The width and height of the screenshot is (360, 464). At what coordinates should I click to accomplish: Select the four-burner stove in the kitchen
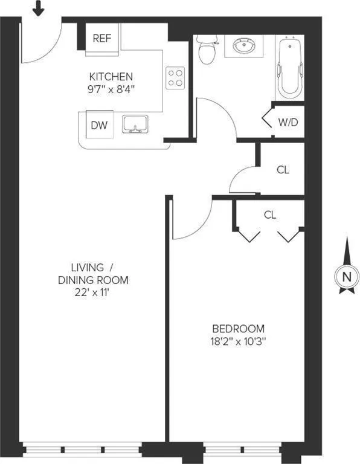(175, 77)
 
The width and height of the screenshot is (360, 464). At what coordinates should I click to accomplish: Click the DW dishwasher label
(99, 125)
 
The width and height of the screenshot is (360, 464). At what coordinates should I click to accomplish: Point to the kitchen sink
(136, 124)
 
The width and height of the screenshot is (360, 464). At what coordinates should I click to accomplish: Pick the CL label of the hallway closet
(283, 170)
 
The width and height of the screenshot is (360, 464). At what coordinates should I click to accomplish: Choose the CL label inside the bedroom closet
(270, 214)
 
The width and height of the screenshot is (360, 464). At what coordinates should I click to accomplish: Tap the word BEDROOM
(238, 329)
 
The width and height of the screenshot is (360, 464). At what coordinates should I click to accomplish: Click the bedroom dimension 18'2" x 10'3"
(239, 341)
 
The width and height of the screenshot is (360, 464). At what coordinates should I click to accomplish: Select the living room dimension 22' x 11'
(93, 292)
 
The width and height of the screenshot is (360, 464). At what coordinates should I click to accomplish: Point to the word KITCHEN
(111, 77)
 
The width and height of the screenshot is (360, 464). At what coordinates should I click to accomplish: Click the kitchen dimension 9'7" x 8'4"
(111, 89)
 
